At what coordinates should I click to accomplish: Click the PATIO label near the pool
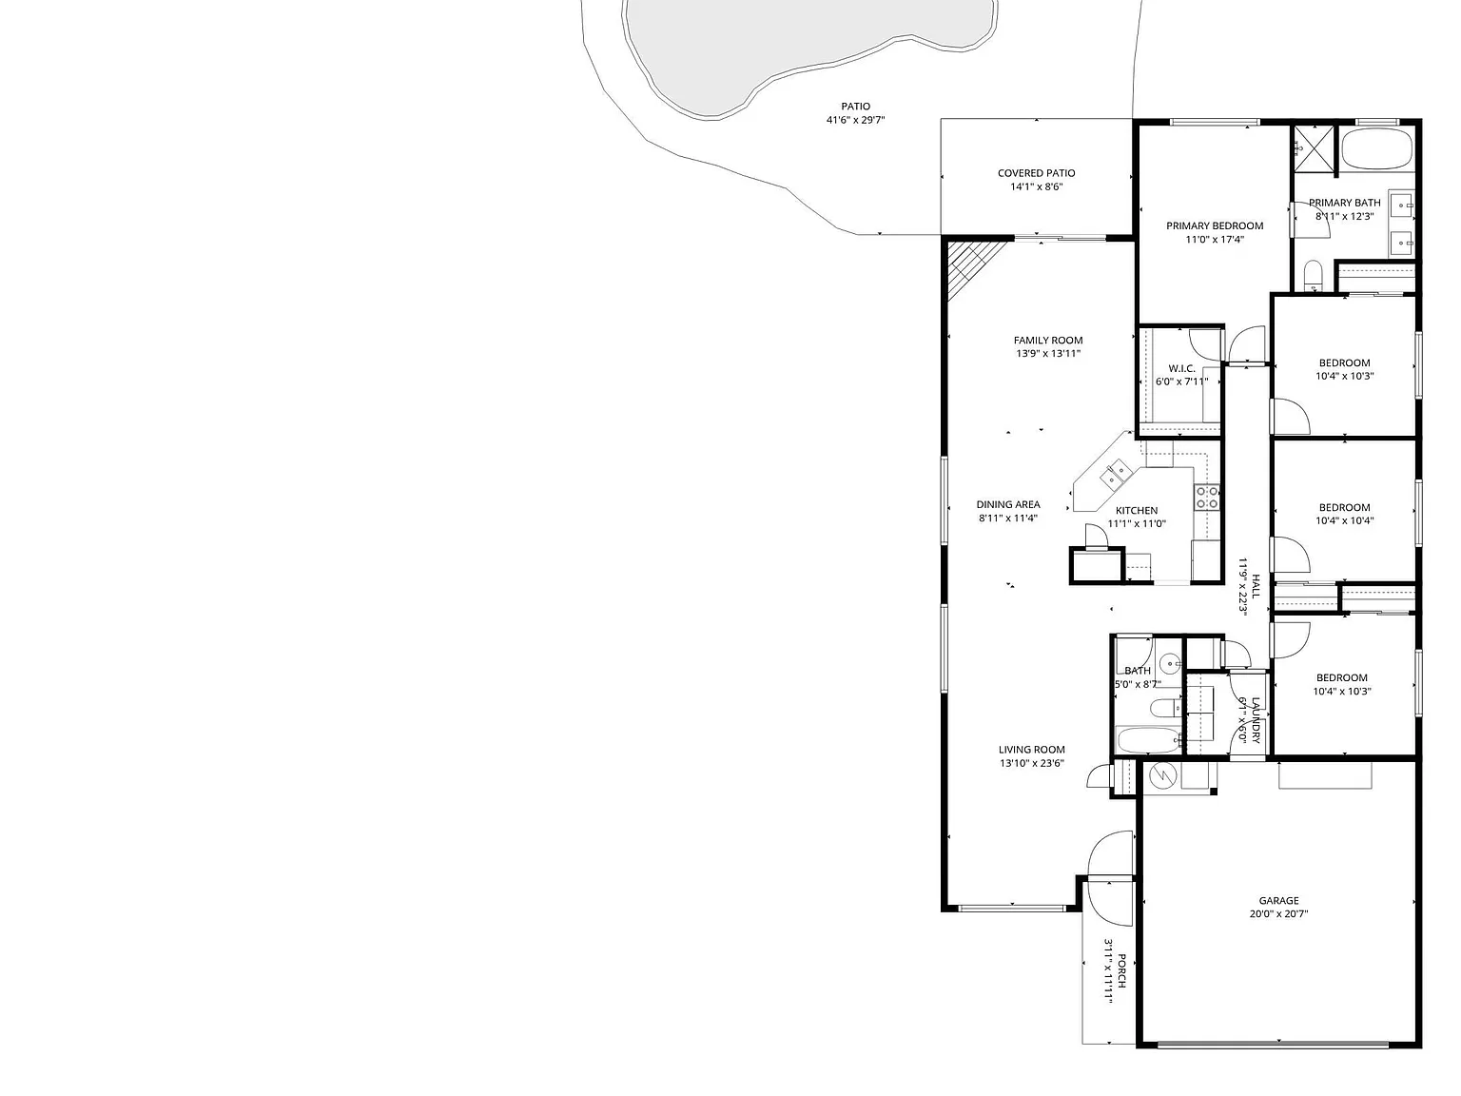coord(855,106)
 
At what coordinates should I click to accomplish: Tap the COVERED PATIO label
coord(1037,173)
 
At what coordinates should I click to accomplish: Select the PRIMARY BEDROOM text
coord(1215,225)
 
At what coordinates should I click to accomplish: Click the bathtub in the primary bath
coord(1375,148)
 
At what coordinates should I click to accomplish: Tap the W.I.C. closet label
coord(1181,368)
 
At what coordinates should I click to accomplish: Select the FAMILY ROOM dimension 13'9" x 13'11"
coord(1047,353)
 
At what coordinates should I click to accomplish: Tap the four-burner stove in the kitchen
coord(1207,497)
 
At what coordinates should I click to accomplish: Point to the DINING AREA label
coord(1007,504)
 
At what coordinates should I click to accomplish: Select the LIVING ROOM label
coord(1032,750)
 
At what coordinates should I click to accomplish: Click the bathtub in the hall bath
coord(1147,739)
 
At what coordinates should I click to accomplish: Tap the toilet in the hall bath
coord(1165,708)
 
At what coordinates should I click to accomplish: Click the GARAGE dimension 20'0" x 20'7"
coord(1278,913)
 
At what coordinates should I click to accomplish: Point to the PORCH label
coord(1121,971)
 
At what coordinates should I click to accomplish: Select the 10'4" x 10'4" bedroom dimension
coord(1344,520)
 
